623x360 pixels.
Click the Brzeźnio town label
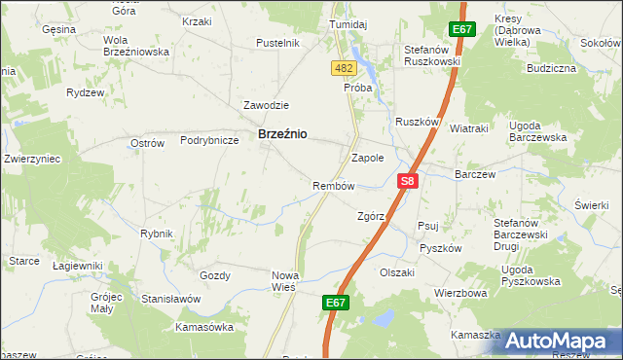tap(282, 136)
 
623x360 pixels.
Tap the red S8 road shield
tap(409, 181)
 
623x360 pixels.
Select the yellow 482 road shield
tap(343, 67)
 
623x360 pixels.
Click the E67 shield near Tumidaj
tap(460, 30)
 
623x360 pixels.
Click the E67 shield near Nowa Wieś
tap(336, 304)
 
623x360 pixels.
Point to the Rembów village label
tap(332, 185)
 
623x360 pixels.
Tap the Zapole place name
tap(367, 157)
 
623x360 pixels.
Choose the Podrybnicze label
tap(209, 140)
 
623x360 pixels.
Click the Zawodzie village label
tap(266, 105)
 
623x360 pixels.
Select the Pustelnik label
tap(276, 44)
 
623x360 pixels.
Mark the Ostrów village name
tap(147, 143)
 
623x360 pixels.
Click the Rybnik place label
tap(157, 234)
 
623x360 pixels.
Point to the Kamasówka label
tap(204, 327)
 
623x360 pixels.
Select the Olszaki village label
tap(397, 272)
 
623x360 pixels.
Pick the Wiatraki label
tap(469, 128)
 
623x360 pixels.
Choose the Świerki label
tap(591, 205)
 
